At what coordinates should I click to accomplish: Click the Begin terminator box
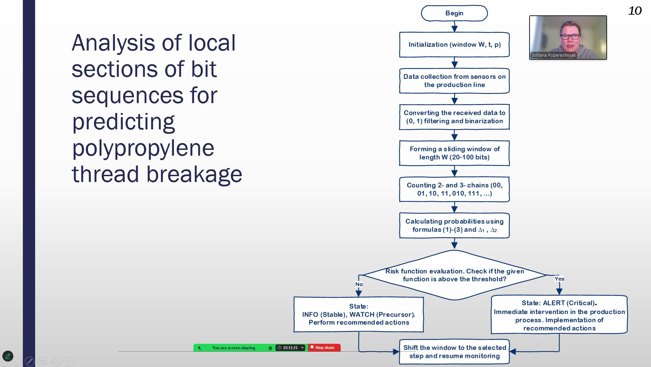[454, 13]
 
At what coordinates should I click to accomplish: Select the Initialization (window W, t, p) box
[454, 45]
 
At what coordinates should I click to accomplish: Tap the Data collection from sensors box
[454, 81]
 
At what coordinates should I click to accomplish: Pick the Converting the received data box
[454, 117]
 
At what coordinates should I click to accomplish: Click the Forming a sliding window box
[454, 153]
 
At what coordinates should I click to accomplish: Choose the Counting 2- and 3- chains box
[454, 189]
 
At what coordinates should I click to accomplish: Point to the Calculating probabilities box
[454, 226]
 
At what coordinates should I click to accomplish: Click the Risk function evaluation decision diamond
[454, 275]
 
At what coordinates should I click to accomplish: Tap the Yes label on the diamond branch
[559, 279]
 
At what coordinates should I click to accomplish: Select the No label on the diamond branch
[359, 284]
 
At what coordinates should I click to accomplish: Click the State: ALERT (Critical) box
[559, 315]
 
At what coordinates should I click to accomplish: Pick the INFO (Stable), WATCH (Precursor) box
[358, 314]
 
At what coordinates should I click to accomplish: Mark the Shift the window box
[454, 352]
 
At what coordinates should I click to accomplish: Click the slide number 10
[635, 11]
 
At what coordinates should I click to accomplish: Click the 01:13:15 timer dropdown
[291, 348]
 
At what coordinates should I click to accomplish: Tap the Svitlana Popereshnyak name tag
[553, 55]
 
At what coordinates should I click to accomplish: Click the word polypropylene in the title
[143, 149]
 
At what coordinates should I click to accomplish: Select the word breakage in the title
[194, 174]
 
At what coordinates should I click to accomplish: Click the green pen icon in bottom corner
[8, 356]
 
